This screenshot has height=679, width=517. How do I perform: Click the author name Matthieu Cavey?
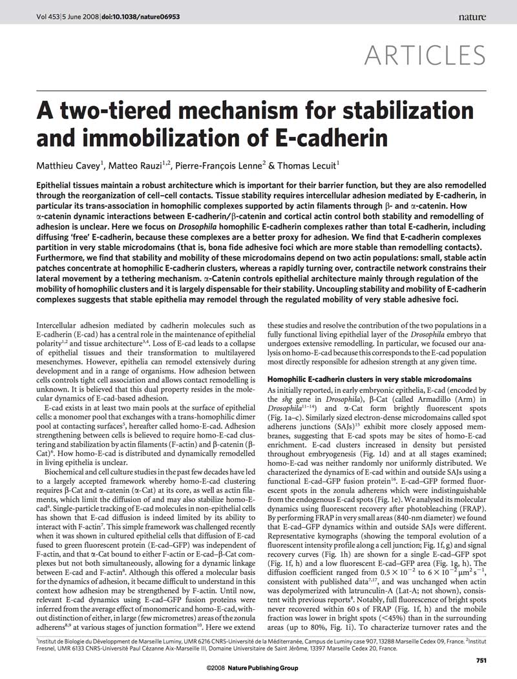click(x=67, y=165)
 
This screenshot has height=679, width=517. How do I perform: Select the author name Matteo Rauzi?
click(x=134, y=165)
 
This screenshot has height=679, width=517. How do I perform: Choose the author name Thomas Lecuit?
click(x=313, y=165)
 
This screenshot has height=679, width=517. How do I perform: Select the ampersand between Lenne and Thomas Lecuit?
click(x=272, y=165)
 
